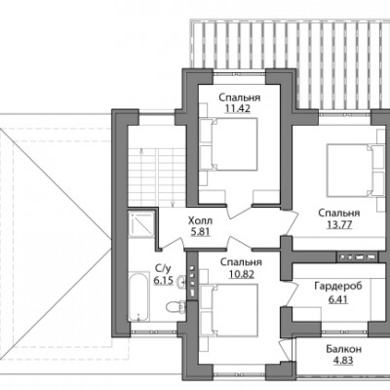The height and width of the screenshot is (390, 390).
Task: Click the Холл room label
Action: (200, 221)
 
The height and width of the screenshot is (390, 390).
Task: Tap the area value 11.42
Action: (238, 108)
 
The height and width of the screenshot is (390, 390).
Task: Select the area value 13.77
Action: (339, 224)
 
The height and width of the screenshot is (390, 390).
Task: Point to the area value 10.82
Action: (241, 274)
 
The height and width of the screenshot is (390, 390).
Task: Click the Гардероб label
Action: (338, 287)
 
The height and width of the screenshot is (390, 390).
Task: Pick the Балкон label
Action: (343, 349)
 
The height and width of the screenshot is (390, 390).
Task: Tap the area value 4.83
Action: (343, 361)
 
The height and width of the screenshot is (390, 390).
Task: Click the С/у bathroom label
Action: (163, 269)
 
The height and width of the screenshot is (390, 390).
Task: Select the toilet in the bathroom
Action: (175, 306)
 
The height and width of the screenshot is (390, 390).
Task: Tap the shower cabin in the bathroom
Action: (140, 224)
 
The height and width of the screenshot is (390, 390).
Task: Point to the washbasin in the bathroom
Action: (181, 282)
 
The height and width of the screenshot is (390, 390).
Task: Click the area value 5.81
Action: (201, 232)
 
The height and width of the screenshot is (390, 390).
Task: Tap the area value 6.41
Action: (338, 298)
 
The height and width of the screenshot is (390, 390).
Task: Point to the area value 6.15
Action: (163, 280)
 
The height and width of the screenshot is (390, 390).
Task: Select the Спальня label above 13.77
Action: (339, 214)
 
